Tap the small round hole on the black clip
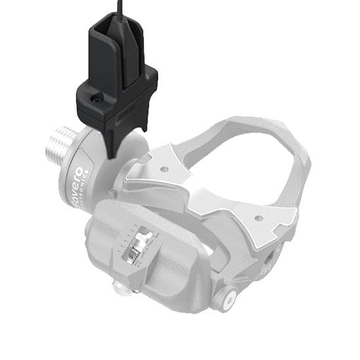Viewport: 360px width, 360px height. (97, 100)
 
